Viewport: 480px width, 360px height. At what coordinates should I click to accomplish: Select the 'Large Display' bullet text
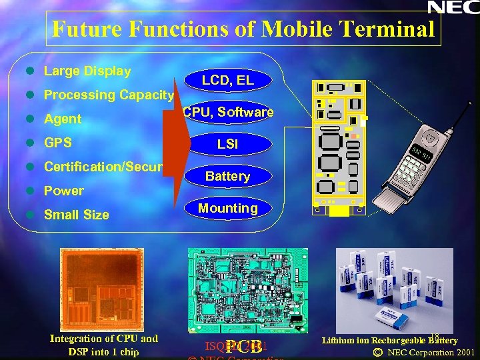[87, 71]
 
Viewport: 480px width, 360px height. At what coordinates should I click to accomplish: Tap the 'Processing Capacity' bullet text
[109, 95]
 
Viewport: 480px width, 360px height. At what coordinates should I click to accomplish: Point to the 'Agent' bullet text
[63, 119]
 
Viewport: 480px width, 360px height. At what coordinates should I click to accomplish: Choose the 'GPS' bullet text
[58, 143]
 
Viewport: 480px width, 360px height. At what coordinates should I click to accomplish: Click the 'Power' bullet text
[64, 191]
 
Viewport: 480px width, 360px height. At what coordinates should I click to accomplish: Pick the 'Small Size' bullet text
[76, 215]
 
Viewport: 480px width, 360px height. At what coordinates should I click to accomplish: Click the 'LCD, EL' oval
[227, 81]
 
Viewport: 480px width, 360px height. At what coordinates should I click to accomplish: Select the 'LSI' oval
[227, 144]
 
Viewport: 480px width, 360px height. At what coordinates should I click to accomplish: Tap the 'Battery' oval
[227, 176]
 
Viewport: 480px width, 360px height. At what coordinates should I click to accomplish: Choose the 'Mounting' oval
[228, 208]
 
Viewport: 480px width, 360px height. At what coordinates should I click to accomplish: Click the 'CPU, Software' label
[229, 112]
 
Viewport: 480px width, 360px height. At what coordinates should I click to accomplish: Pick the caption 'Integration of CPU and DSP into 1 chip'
[103, 345]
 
